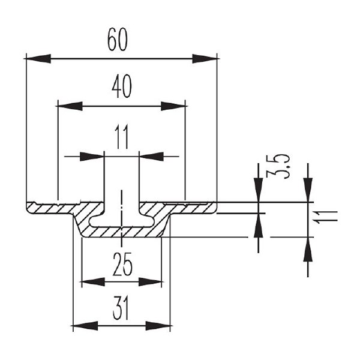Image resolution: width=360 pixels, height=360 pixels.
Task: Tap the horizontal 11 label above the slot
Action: click(122, 139)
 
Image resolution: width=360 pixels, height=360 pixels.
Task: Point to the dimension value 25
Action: click(122, 263)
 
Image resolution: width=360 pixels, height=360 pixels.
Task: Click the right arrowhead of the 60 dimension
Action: click(205, 59)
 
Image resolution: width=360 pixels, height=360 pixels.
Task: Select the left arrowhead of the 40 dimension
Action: click(69, 106)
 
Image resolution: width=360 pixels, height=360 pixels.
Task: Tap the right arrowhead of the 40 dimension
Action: click(173, 106)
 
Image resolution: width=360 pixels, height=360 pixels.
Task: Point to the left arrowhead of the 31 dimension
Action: click(85, 326)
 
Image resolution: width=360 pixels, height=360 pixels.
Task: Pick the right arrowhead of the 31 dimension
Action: click(158, 326)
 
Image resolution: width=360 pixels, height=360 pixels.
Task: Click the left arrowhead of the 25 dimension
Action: click(92, 281)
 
